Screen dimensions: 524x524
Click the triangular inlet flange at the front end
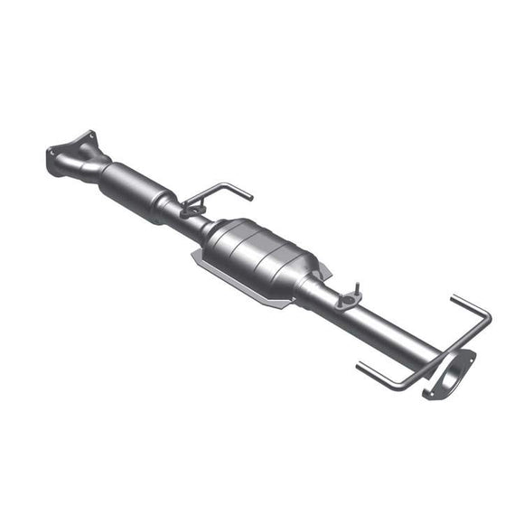tap(69, 154)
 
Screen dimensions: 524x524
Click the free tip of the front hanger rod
tap(249, 196)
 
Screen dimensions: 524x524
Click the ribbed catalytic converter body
tap(262, 252)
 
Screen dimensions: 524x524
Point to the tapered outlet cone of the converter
tap(311, 276)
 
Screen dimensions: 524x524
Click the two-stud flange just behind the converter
tap(347, 300)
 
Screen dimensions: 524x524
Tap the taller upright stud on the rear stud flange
tap(357, 287)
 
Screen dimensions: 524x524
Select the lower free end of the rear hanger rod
tap(360, 366)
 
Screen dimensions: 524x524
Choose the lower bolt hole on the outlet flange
tap(427, 396)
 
